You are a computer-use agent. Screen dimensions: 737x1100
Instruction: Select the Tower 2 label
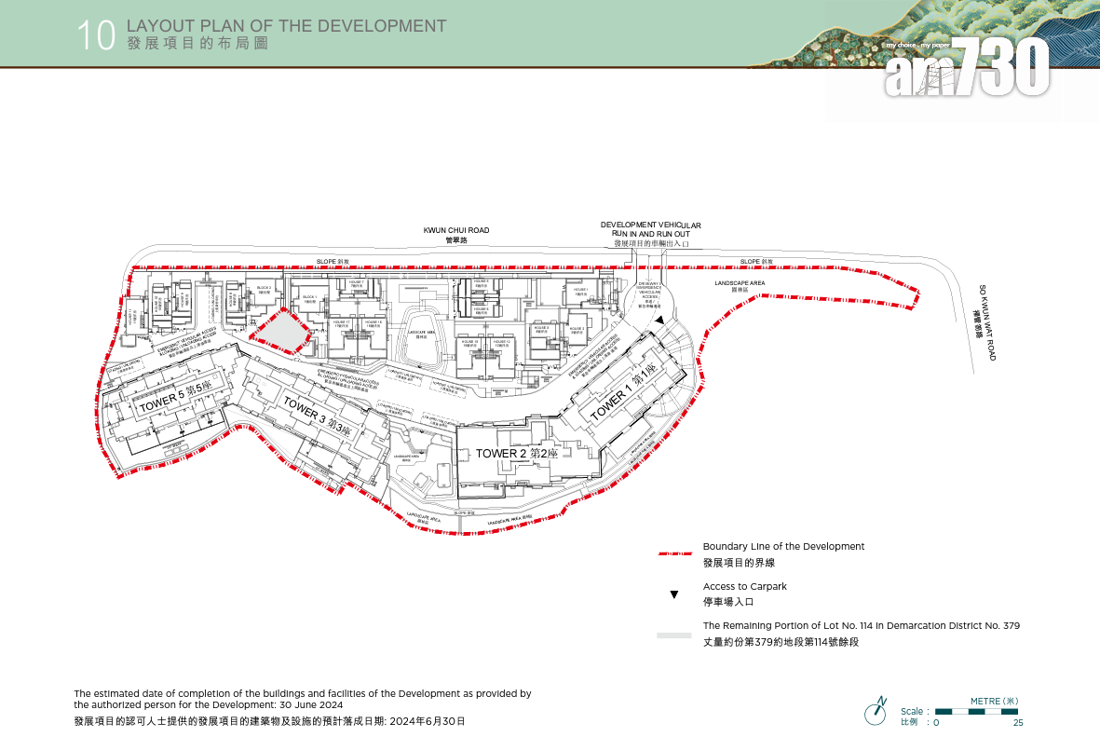[x=516, y=453]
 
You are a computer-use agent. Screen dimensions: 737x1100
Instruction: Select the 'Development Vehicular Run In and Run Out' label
[x=650, y=232]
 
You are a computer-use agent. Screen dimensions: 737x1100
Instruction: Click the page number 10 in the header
[x=96, y=36]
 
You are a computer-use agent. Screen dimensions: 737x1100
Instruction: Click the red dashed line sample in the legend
[x=673, y=553]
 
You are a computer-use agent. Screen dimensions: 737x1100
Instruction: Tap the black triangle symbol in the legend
[x=673, y=594]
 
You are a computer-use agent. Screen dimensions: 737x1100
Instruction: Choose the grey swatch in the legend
[x=673, y=635]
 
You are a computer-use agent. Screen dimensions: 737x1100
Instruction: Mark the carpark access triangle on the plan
[x=659, y=321]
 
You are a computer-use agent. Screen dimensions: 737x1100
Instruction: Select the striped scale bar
[x=976, y=712]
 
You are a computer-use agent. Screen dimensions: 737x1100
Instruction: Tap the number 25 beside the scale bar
[x=1017, y=723]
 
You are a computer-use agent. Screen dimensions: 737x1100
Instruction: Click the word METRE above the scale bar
[x=987, y=701]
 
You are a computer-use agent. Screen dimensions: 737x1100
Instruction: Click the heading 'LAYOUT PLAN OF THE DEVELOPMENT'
[x=286, y=26]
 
